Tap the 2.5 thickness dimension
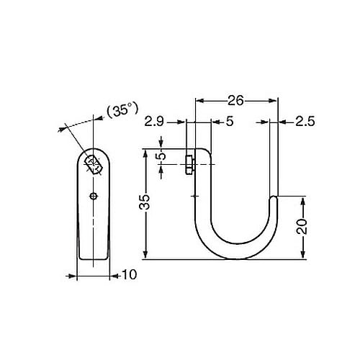[x=307, y=122]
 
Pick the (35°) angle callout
[x=122, y=110]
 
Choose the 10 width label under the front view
[x=129, y=274]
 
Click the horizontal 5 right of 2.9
[x=229, y=122]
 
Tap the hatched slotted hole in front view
[x=92, y=163]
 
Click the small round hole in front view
[x=93, y=195]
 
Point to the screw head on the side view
[x=189, y=164]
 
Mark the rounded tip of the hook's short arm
[x=274, y=196]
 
